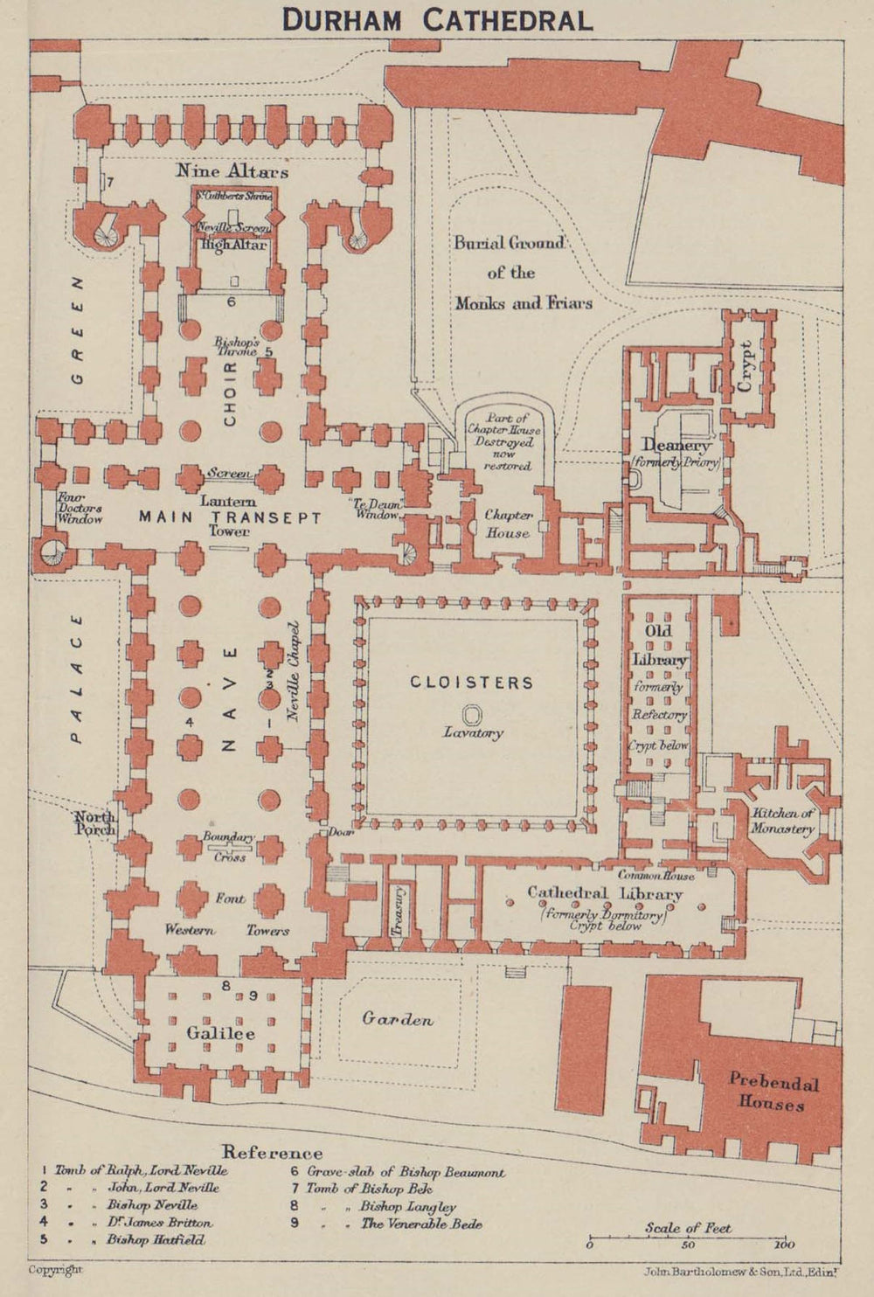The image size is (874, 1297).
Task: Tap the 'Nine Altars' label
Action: (232, 171)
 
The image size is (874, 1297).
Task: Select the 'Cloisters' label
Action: (472, 682)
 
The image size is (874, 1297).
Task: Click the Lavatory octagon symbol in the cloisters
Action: (472, 714)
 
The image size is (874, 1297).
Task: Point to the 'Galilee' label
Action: (220, 1033)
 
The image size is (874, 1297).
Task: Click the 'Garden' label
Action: (398, 1019)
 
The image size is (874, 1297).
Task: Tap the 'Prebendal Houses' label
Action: (773, 1092)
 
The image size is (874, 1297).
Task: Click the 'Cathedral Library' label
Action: (604, 893)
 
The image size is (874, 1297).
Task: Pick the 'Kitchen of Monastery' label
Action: (783, 821)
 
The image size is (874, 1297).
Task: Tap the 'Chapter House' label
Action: (509, 524)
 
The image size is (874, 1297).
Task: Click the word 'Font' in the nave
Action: (231, 898)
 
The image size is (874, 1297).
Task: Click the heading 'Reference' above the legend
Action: (272, 1152)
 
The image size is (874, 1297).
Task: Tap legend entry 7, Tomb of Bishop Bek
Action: (398, 1189)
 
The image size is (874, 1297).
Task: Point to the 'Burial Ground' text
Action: (510, 243)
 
